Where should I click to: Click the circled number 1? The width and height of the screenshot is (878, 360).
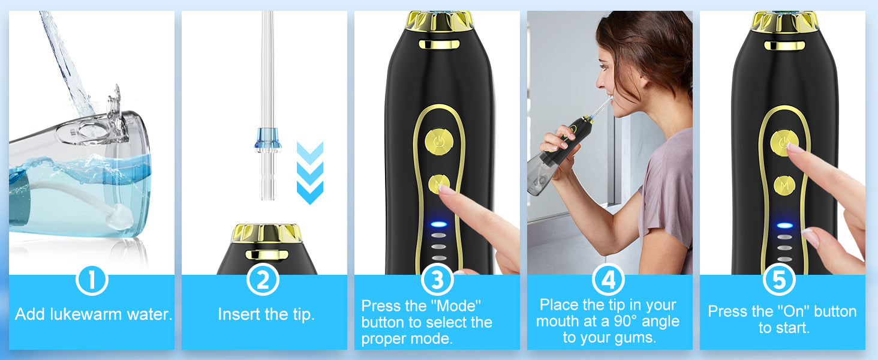(92, 280)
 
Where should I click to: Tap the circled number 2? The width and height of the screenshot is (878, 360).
(263, 280)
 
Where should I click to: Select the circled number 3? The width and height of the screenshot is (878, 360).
(437, 280)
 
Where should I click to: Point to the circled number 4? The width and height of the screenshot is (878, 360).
(608, 280)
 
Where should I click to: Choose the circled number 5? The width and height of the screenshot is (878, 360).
(779, 280)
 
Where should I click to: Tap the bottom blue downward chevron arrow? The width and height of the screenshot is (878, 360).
(310, 192)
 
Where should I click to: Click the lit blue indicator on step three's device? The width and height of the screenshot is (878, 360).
(438, 224)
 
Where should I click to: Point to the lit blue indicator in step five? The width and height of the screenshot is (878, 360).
(784, 225)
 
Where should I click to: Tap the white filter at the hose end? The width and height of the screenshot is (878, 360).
(119, 216)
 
